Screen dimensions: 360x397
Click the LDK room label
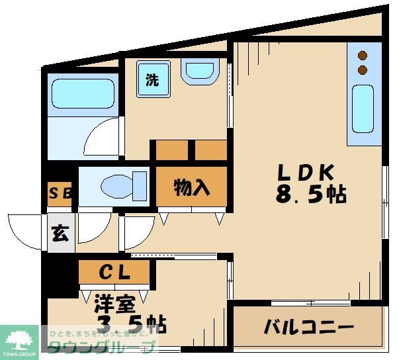pos(304,172)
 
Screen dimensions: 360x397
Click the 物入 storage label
pos(192,189)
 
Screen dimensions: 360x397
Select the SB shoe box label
pos(60,194)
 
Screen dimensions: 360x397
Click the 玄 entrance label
pos(60,234)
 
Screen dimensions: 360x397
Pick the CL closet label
pos(114,271)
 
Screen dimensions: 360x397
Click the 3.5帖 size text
pos(131,324)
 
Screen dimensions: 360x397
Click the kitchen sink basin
pos(363,109)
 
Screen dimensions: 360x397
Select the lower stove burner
pos(362,69)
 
